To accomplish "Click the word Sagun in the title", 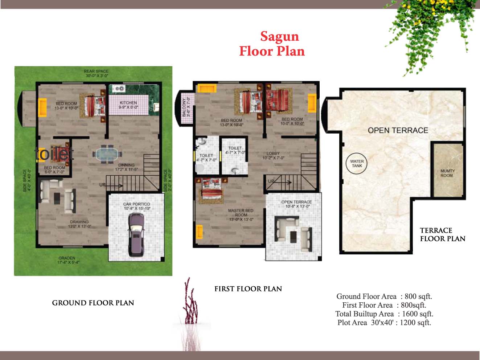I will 279,36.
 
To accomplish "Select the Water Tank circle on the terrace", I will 357,164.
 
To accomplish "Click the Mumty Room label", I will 447,173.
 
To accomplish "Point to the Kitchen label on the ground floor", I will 128,105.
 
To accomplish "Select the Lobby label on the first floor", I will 273,155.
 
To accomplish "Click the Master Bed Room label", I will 241,215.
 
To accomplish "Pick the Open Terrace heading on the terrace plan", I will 398,130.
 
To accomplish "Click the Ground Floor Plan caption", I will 93,303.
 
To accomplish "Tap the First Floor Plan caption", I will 248,289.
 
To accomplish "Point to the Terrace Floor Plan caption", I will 442,234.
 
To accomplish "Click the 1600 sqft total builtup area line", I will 384,314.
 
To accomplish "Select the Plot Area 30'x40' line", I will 384,323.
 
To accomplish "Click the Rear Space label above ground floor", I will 96,73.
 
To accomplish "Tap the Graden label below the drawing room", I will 67,260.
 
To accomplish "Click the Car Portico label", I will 136,206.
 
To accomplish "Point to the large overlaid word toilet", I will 54,154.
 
